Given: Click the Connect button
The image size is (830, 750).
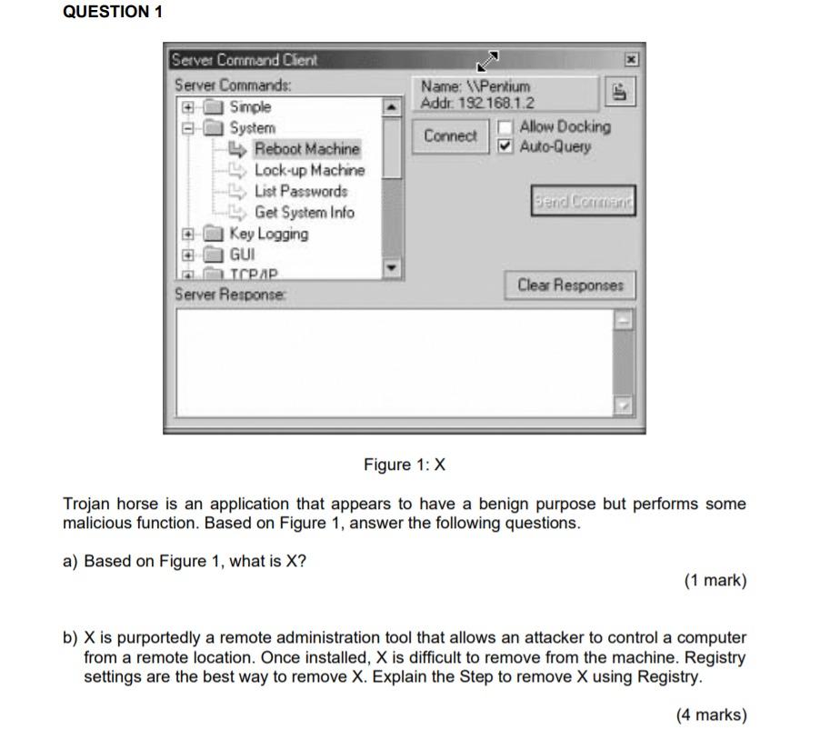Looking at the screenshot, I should coord(449,136).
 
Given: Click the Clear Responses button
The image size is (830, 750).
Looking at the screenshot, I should coord(570,285).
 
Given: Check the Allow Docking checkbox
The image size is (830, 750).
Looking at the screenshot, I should coord(506,127).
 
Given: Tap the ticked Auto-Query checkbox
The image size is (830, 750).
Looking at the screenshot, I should coord(506,146).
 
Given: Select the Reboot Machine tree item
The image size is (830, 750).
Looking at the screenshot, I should coord(306,149).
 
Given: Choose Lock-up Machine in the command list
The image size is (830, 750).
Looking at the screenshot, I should coord(309,170).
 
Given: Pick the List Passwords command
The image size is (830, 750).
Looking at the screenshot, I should coord(300,191).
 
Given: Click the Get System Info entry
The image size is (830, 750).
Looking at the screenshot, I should coord(304,213).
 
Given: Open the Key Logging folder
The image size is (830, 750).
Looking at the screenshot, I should coord(268,234).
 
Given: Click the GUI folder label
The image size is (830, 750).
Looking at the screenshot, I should coord(242,255).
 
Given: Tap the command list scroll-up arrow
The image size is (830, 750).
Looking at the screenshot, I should coord(391,108).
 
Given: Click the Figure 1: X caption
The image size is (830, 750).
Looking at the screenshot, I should coord(405,465).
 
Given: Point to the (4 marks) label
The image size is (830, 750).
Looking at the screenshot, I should coord(711,715).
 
